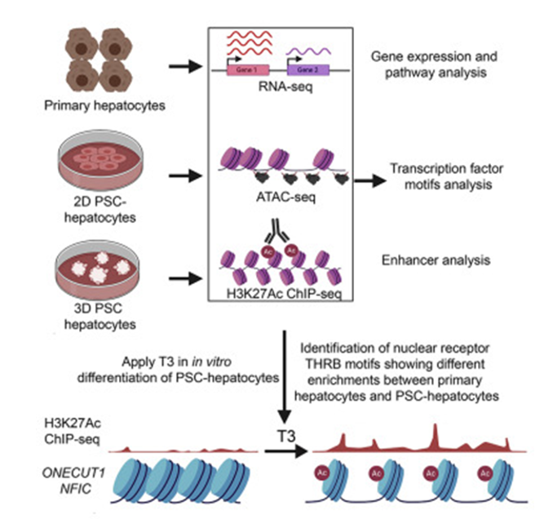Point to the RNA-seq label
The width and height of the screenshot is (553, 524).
[276, 87]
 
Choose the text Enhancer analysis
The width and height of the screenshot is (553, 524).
[433, 261]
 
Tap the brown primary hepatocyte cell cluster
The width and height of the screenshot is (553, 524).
[95, 57]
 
